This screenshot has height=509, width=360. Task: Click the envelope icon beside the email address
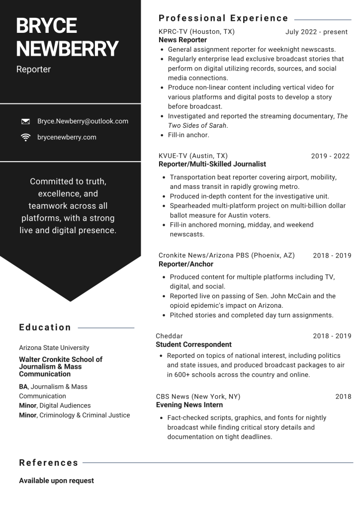click(25, 121)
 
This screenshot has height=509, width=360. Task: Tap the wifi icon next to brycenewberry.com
click(25, 137)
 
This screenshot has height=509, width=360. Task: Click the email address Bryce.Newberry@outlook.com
click(83, 121)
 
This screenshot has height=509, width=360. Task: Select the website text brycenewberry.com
click(67, 137)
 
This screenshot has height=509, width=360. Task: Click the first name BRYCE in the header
click(46, 26)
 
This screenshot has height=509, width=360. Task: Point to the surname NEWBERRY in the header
click(67, 49)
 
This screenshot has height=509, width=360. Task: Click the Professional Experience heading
click(223, 18)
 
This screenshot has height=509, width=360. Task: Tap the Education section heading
click(45, 327)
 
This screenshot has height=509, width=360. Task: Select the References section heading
click(49, 463)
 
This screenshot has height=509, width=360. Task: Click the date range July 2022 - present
click(317, 32)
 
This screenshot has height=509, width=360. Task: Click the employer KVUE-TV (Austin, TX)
click(193, 156)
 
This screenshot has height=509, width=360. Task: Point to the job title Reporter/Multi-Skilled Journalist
click(212, 164)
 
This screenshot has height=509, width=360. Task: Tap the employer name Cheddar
click(169, 336)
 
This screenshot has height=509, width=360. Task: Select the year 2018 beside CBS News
click(343, 397)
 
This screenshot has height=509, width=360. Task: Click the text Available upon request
click(56, 481)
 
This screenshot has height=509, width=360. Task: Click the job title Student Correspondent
click(193, 344)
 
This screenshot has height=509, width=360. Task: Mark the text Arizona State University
click(54, 348)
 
